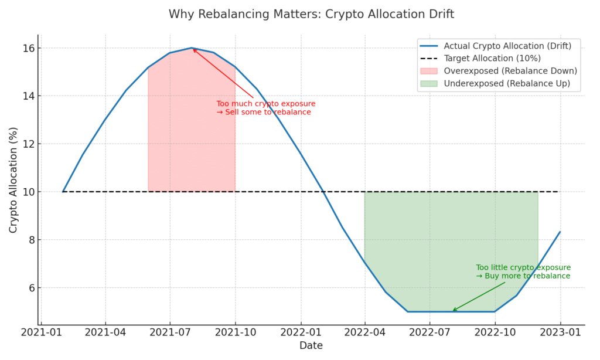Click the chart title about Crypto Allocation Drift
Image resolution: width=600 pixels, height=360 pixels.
click(311, 14)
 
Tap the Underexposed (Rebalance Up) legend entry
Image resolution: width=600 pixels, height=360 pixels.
click(495, 83)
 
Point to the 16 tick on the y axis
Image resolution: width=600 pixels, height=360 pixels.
click(29, 48)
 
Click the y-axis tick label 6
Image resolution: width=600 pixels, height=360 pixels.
click(32, 288)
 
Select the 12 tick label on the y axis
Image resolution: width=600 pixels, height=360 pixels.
click(29, 144)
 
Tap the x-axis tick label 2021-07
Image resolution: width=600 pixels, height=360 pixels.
click(170, 332)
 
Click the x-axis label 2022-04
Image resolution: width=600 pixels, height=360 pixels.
click(364, 332)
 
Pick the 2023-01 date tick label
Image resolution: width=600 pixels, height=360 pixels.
click(560, 332)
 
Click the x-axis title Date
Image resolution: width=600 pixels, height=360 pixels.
click(311, 345)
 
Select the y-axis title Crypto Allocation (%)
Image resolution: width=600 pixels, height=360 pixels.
click(13, 180)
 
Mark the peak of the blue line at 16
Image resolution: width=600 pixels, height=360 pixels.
click(192, 48)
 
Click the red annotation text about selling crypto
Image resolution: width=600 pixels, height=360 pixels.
click(266, 108)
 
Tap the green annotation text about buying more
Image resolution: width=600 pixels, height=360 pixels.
click(523, 271)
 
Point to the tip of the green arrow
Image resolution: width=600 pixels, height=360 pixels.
click(453, 311)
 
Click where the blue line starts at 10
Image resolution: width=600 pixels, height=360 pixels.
click(63, 192)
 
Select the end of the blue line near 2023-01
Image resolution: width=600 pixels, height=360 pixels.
click(560, 232)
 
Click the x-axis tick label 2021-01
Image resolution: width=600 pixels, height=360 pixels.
click(41, 332)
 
